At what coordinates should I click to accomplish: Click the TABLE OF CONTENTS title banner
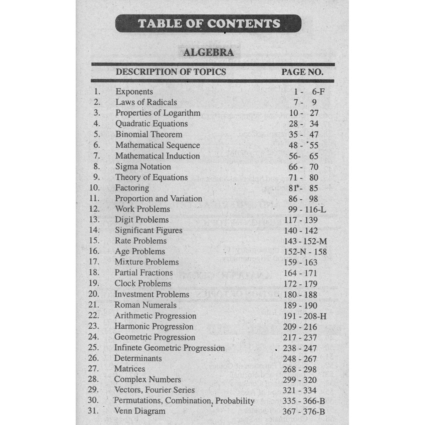(x=208, y=23)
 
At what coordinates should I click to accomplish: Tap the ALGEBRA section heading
(x=208, y=53)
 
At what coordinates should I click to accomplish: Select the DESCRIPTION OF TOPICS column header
(x=171, y=72)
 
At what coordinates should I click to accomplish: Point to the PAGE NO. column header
(x=302, y=72)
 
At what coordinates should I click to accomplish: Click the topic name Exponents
(x=134, y=92)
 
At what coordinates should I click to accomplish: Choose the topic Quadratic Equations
(x=151, y=124)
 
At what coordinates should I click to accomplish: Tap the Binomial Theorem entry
(x=149, y=134)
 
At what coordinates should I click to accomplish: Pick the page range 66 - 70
(x=303, y=167)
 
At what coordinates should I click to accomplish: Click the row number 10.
(x=95, y=188)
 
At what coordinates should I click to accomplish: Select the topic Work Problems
(x=142, y=209)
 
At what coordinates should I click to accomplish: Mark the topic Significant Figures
(x=149, y=230)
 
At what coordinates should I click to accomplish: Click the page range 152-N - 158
(x=305, y=252)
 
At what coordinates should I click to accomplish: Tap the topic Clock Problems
(x=143, y=284)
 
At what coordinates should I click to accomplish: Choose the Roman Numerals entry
(x=145, y=305)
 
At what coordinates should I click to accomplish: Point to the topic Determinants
(x=138, y=359)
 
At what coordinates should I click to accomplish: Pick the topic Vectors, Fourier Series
(x=154, y=390)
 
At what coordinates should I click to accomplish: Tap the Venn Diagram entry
(x=139, y=411)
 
